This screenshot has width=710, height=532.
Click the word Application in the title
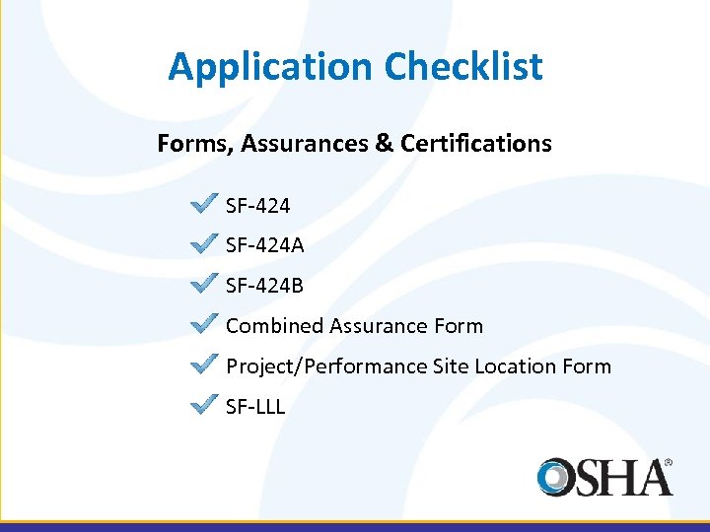(271, 67)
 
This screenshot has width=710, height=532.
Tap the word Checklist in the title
(463, 67)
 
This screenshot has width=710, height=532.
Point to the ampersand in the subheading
(384, 144)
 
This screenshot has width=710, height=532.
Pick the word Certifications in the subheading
(476, 144)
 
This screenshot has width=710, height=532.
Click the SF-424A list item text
(264, 245)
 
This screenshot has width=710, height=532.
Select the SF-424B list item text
(264, 286)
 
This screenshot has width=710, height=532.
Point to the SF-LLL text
(255, 406)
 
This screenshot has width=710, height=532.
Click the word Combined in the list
(274, 326)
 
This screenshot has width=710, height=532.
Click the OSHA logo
(604, 477)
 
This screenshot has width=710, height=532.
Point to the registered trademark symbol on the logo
(668, 460)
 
